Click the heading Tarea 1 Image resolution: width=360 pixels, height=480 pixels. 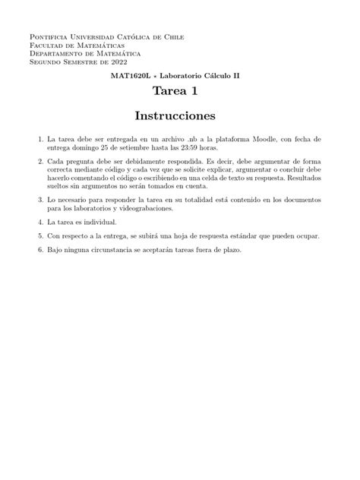coord(179,92)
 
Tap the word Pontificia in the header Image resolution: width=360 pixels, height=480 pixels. coord(48,36)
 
